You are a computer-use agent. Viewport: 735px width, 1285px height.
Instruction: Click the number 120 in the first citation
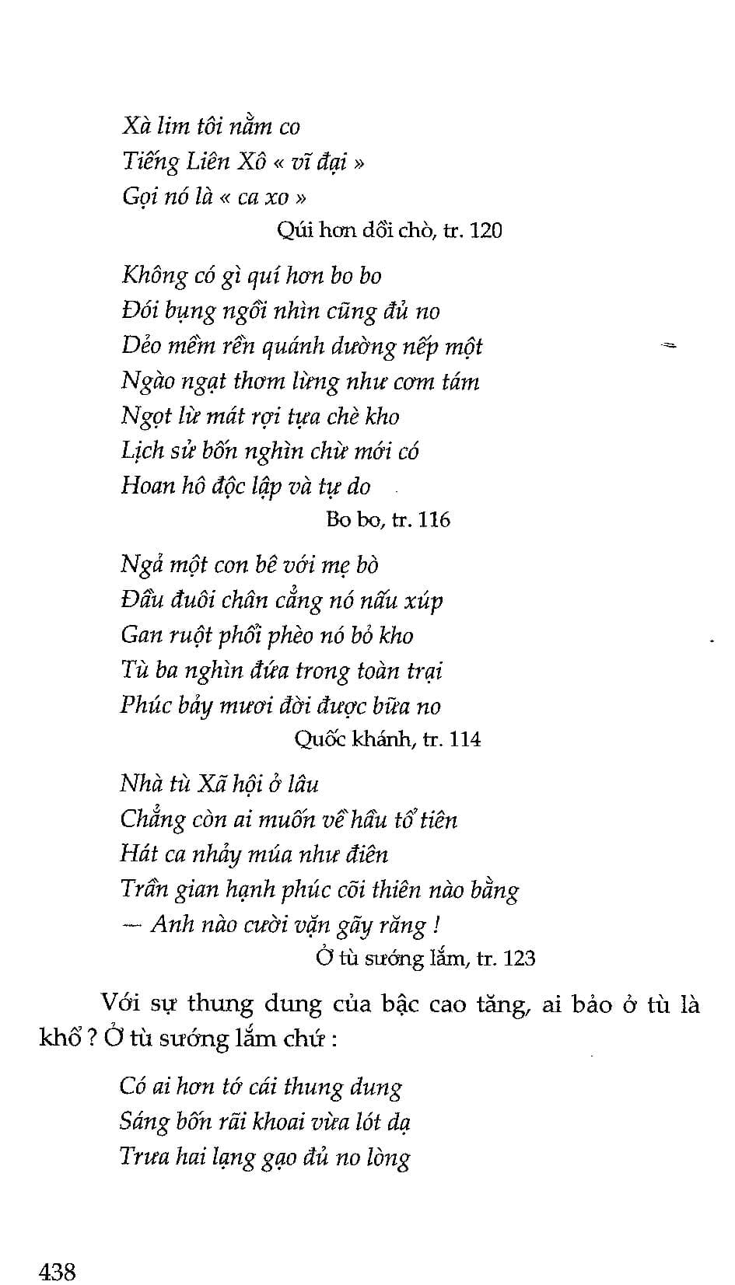[x=486, y=230]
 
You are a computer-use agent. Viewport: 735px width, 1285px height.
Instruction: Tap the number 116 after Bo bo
[x=434, y=519]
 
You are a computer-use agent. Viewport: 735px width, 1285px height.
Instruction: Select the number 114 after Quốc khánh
[x=464, y=739]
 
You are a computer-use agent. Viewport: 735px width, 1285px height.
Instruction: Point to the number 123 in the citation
[x=519, y=958]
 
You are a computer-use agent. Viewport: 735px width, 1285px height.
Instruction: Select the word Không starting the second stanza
[x=154, y=276]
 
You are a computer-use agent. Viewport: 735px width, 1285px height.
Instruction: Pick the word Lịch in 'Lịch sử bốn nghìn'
[x=142, y=451]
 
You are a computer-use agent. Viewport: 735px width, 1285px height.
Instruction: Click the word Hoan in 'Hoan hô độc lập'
[x=148, y=486]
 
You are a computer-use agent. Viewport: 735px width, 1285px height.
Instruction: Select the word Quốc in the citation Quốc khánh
[x=320, y=739]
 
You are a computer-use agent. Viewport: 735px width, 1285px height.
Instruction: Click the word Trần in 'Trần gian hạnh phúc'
[x=144, y=889]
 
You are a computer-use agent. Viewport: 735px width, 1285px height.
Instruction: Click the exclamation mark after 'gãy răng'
[x=438, y=925]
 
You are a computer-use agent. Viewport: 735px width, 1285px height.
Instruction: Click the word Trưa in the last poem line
[x=144, y=1157]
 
